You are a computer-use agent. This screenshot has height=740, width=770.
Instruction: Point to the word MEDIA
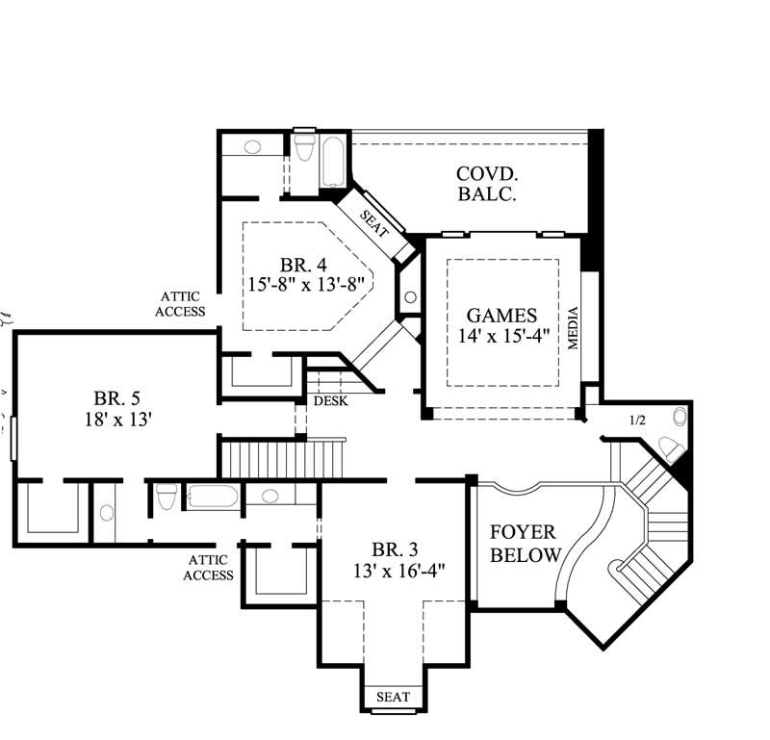click(574, 328)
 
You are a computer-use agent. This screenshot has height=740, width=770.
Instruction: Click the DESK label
click(331, 400)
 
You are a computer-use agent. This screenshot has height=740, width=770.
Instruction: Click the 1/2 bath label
click(636, 421)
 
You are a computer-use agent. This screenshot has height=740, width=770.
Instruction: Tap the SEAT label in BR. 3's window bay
click(393, 697)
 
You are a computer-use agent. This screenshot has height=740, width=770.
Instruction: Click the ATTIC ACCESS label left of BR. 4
click(182, 304)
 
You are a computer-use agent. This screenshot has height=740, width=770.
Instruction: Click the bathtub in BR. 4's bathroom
click(333, 165)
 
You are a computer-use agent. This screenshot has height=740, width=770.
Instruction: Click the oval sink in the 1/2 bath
click(681, 417)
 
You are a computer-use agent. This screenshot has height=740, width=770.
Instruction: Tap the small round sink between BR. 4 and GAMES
click(410, 297)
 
